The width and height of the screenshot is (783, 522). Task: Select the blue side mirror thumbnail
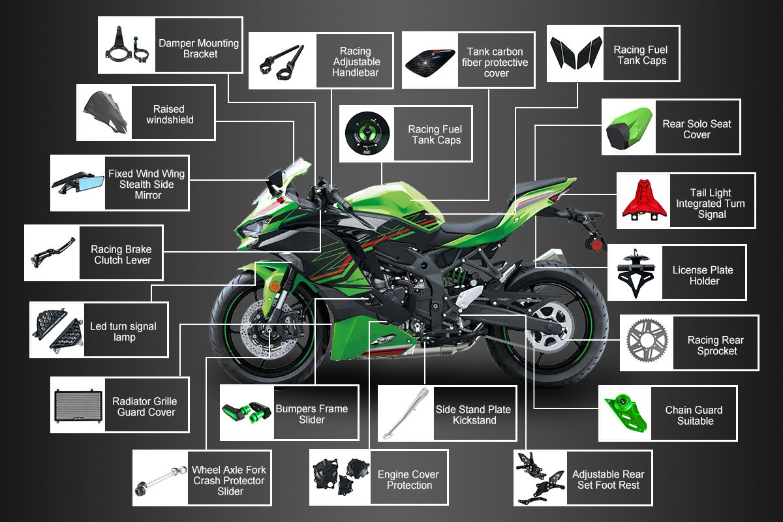(x=78, y=183)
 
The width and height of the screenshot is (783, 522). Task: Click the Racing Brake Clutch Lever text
(x=121, y=254)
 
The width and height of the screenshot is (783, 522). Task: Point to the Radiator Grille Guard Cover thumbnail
(x=78, y=405)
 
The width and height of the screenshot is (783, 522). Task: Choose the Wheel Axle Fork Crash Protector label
(x=229, y=480)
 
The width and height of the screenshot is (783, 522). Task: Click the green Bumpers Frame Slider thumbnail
(x=246, y=412)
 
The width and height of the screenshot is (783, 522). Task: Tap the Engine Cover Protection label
(x=408, y=480)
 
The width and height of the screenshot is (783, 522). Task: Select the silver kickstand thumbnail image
(x=406, y=413)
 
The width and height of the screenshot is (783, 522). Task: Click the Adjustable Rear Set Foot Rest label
(x=607, y=480)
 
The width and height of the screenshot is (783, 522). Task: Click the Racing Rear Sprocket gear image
(x=648, y=343)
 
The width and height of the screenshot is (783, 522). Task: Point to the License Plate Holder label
(x=703, y=275)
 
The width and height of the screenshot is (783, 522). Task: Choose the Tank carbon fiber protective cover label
(x=495, y=63)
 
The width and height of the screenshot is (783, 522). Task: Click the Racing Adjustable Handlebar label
(x=356, y=61)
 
